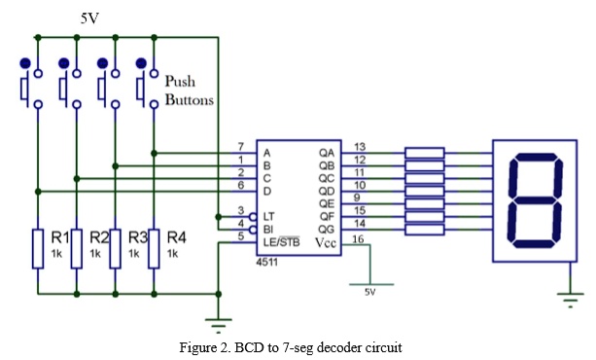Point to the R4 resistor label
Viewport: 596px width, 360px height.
point(177,236)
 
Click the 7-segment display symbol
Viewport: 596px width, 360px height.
point(530,200)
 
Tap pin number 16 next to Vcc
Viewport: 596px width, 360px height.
point(360,237)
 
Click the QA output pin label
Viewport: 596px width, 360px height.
point(326,154)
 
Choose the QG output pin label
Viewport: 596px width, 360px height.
point(326,230)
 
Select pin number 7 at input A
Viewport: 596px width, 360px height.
point(240,147)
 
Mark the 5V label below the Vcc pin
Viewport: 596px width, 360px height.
point(368,290)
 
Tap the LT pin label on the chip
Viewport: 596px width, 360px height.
point(269,213)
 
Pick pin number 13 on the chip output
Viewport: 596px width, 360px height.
point(360,147)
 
